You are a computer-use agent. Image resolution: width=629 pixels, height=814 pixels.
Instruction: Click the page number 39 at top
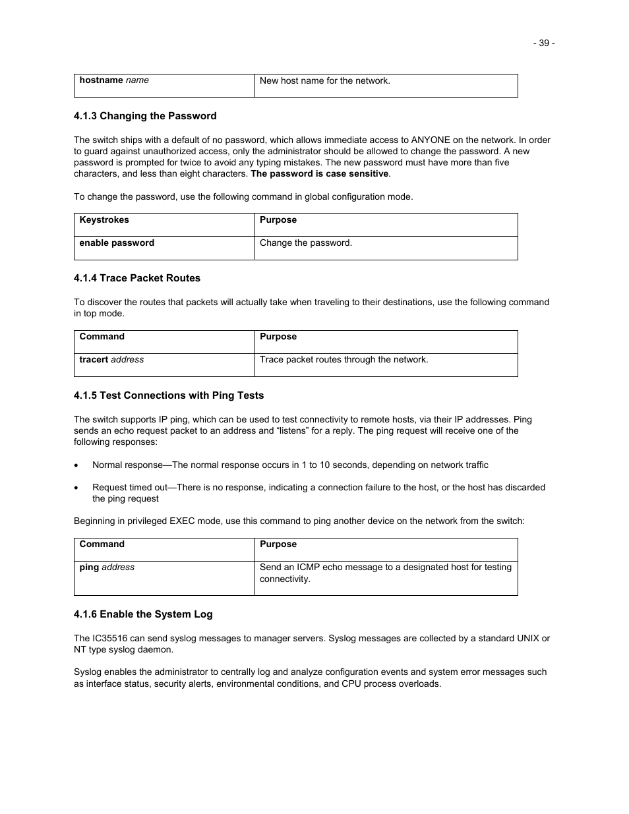pyautogui.click(x=543, y=43)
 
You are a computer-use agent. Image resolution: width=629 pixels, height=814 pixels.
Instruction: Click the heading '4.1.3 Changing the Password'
pyautogui.click(x=145, y=116)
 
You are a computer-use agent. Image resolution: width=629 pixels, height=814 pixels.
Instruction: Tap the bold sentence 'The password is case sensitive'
pyautogui.click(x=319, y=174)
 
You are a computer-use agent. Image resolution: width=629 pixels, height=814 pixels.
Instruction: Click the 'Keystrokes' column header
pyautogui.click(x=104, y=220)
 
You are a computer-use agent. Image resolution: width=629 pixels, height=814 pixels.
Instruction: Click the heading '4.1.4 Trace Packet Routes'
pyautogui.click(x=137, y=278)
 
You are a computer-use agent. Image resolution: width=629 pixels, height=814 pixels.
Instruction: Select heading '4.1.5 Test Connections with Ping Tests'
pyautogui.click(x=169, y=395)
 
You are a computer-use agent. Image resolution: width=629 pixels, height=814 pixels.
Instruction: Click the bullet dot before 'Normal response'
pyautogui.click(x=77, y=465)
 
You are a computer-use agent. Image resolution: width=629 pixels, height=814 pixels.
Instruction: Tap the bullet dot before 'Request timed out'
pyautogui.click(x=77, y=488)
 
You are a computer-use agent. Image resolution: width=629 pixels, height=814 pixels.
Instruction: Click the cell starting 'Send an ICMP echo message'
pyautogui.click(x=385, y=573)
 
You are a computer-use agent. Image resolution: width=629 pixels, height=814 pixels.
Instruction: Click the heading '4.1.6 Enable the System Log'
pyautogui.click(x=143, y=614)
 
